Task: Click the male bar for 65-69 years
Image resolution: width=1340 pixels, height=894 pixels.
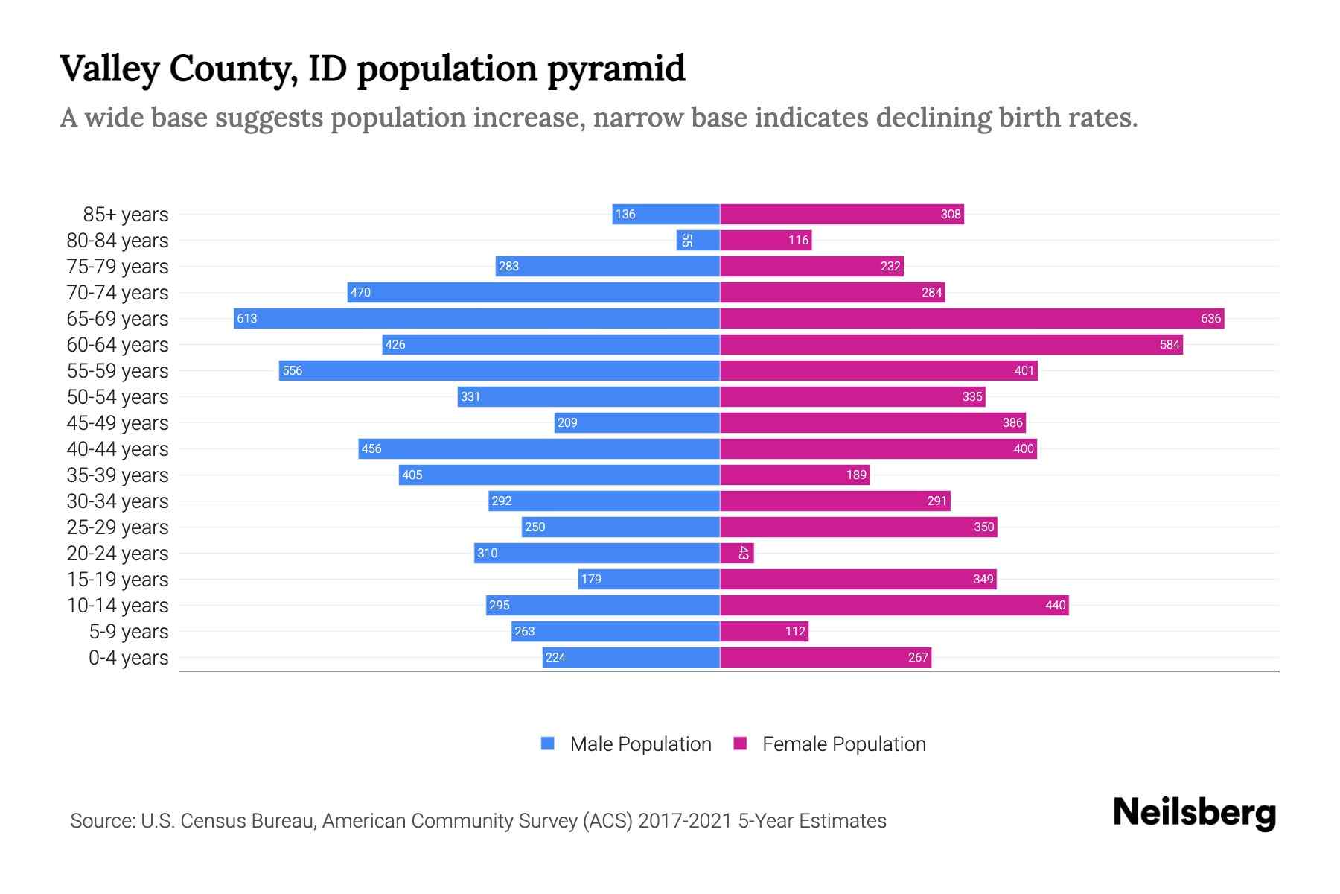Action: pos(476,318)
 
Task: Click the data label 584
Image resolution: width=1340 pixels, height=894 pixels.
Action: pos(1170,344)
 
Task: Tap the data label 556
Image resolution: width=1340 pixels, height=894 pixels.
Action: pos(292,370)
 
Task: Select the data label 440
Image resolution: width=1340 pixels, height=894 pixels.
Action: pos(1055,605)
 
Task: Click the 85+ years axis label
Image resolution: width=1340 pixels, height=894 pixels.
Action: pos(125,215)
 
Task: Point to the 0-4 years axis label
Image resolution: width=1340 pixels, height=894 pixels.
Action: pos(128,658)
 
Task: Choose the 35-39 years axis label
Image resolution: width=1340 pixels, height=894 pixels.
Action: pos(118,475)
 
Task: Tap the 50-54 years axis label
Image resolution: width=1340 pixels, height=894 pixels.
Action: pos(118,397)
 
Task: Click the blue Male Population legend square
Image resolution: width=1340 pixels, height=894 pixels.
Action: pos(548,744)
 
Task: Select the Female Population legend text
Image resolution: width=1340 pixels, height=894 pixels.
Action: pos(843,744)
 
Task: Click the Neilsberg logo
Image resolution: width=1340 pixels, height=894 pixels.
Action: pos(1194,813)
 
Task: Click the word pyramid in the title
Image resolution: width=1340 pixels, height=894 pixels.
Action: pos(616,69)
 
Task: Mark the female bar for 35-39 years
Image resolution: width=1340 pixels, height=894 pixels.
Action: pos(794,475)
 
